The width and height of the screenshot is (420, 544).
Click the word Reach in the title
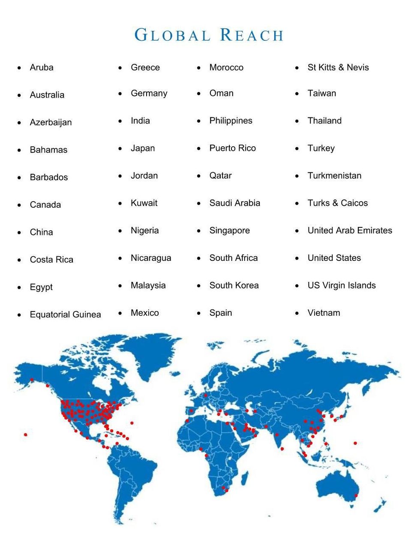pos(252,35)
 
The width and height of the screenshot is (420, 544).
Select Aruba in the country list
pos(42,67)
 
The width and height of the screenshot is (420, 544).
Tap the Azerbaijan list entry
pos(51,122)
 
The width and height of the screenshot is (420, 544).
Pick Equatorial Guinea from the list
pos(65,314)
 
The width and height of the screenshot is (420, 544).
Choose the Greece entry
pos(145,67)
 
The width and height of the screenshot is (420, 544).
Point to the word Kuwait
pos(144,203)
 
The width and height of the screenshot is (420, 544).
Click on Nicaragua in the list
pos(151,258)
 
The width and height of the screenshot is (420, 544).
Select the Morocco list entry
pos(226,67)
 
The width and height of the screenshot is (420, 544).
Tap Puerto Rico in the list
pos(232,148)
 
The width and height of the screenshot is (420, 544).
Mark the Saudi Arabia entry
pos(234,203)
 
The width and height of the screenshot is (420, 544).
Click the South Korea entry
pos(234,285)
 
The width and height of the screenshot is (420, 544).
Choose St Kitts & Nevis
pos(338,67)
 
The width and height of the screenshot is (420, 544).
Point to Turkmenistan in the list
pos(334,175)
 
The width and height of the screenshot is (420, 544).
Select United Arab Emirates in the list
pos(350,230)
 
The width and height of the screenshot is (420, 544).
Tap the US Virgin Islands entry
pos(342,285)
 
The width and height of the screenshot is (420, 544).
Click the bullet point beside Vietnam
pos(297,313)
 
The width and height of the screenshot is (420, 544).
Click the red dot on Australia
pos(356,496)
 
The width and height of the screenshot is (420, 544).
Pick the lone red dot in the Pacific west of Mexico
pos(26,435)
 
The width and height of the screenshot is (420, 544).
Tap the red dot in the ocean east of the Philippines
pos(355,443)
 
